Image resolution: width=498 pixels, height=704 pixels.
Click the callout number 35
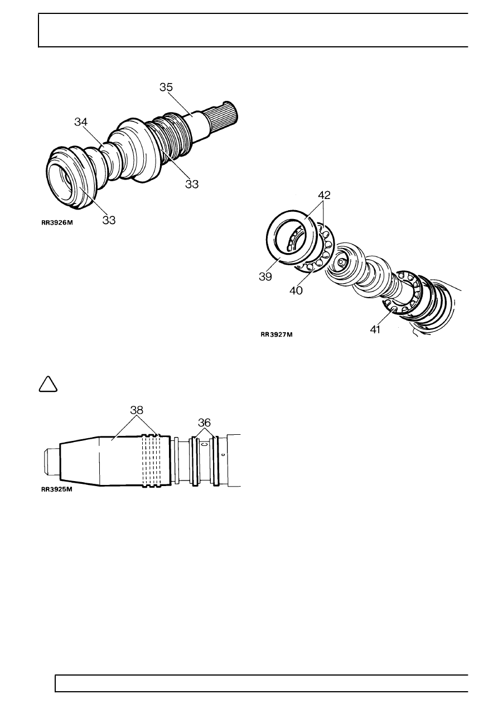tap(166, 87)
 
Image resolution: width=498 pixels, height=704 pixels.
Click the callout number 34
tap(81, 122)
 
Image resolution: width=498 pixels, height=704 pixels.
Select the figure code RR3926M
tap(57, 222)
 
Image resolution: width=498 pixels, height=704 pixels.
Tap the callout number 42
tap(324, 195)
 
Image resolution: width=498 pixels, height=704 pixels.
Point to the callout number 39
tap(265, 276)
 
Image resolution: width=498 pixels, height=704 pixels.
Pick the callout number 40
tap(296, 290)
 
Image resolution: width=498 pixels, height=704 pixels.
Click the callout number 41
tap(375, 329)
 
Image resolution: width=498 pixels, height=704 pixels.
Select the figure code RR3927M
tap(277, 334)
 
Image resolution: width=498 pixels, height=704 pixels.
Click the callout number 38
tap(137, 410)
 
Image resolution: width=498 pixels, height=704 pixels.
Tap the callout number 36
tap(204, 423)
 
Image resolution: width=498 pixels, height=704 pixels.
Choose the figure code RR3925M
tap(57, 489)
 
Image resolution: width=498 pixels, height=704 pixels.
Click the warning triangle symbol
tap(48, 384)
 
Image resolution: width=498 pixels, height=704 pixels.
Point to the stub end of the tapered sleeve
tap(51, 462)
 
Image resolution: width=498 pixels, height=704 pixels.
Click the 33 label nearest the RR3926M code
tap(109, 220)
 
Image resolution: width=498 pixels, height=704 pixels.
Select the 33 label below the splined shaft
tap(192, 184)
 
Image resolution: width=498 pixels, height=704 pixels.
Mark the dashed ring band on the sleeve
tap(152, 461)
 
